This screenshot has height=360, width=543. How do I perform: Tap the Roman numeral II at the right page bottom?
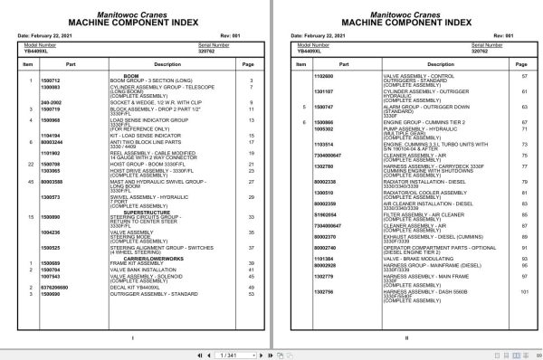tap(408, 338)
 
